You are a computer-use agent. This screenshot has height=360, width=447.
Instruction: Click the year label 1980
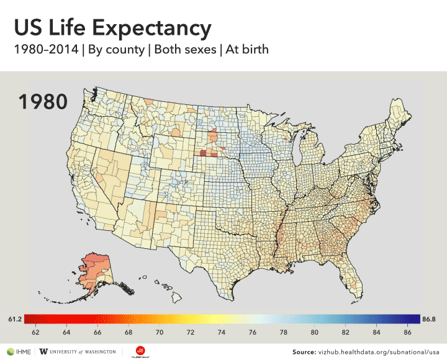(x=42, y=102)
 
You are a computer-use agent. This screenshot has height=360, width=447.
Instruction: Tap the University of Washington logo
(x=78, y=351)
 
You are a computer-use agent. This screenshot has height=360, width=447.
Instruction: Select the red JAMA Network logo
(x=141, y=351)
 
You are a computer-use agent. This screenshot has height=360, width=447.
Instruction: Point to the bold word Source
(x=304, y=352)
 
